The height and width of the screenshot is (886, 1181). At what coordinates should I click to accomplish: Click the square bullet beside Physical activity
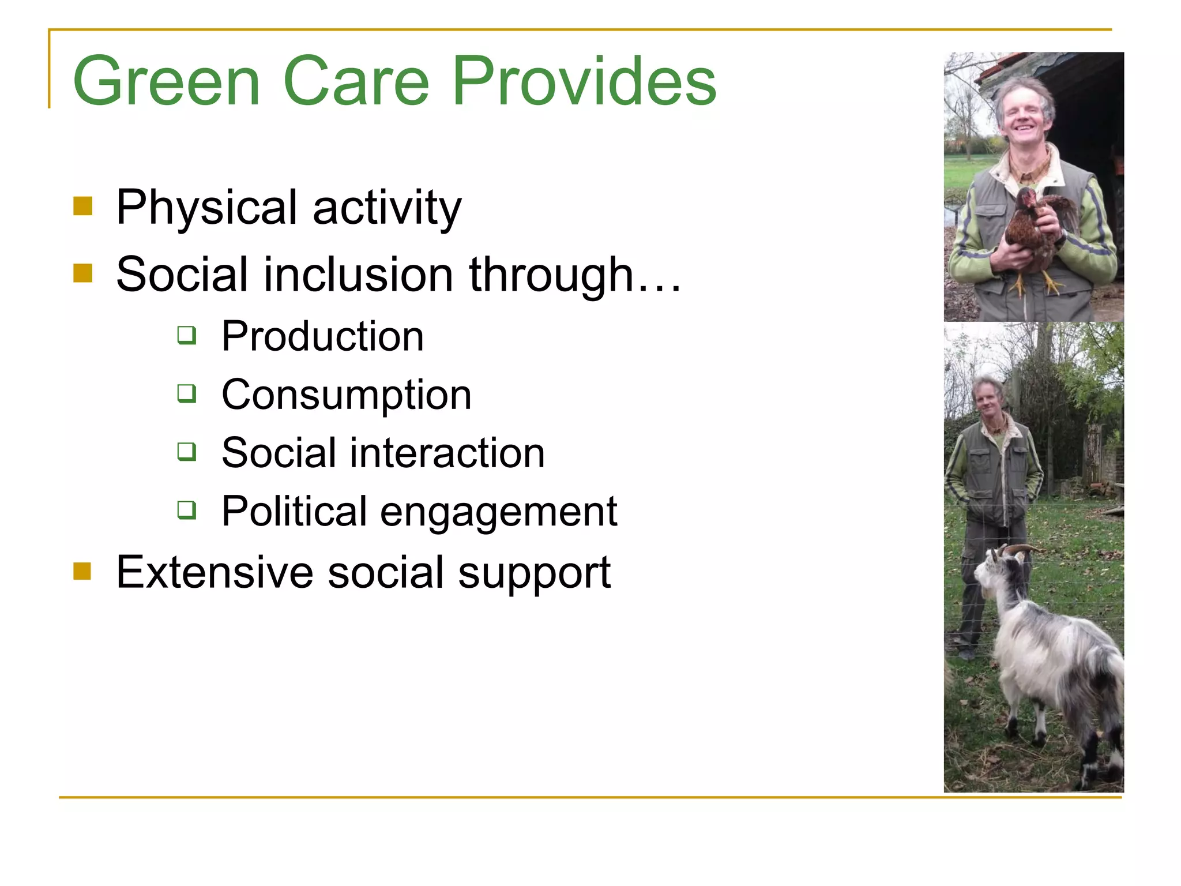[83, 206]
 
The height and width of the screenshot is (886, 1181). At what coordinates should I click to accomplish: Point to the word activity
[387, 208]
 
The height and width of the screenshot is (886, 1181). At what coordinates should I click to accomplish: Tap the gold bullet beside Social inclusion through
[83, 273]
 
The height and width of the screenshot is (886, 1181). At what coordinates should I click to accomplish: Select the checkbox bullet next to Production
[187, 335]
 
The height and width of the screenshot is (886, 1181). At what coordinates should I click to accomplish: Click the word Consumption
[346, 395]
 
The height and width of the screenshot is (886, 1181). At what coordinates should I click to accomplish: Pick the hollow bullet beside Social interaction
[187, 451]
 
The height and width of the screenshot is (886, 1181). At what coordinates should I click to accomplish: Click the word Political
[294, 511]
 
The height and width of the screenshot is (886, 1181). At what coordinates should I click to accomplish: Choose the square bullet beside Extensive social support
[83, 571]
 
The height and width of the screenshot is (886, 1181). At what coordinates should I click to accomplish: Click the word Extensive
[215, 572]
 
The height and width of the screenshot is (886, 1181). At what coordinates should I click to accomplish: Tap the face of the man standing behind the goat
[988, 398]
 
